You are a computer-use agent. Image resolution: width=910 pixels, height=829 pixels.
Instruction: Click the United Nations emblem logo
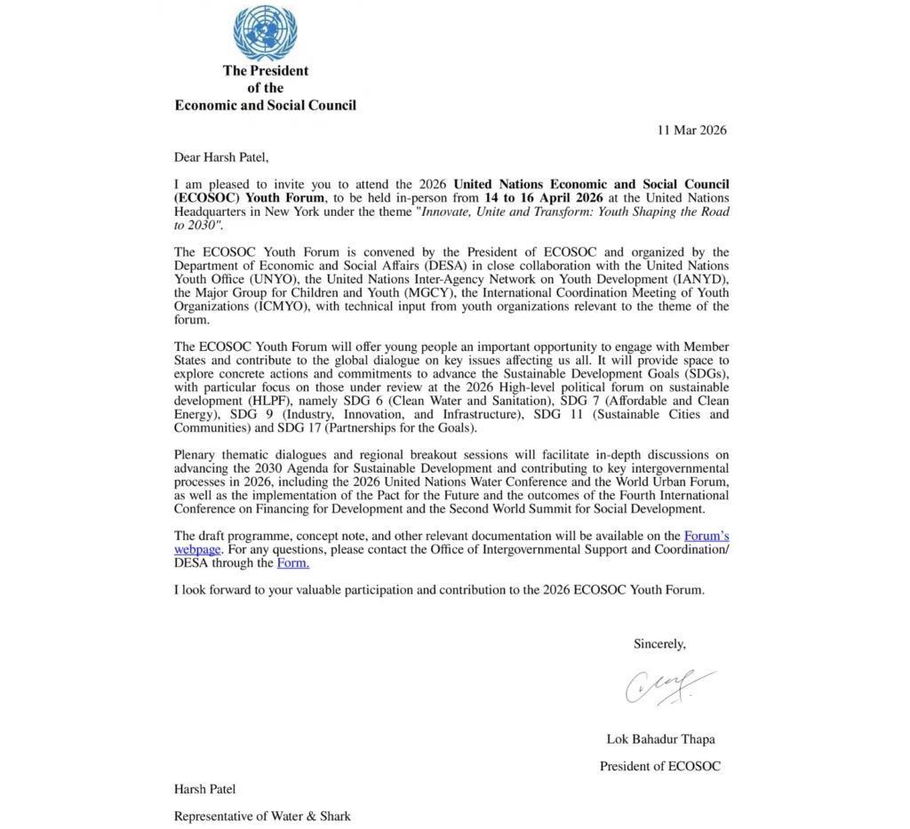click(x=265, y=33)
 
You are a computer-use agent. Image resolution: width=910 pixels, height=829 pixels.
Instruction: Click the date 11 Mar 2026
click(x=691, y=131)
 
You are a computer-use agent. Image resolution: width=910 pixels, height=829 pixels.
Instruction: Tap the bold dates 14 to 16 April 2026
click(x=544, y=197)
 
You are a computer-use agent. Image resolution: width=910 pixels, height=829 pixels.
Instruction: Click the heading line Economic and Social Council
click(x=265, y=105)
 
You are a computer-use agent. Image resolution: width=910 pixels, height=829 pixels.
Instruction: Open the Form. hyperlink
click(x=293, y=562)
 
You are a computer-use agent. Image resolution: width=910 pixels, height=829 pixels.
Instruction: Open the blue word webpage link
click(x=196, y=549)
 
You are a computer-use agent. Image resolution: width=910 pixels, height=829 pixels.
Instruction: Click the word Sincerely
click(x=659, y=643)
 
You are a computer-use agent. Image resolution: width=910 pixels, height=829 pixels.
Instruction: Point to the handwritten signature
click(x=667, y=687)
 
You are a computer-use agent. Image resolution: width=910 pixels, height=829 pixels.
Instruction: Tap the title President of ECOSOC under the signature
click(x=659, y=766)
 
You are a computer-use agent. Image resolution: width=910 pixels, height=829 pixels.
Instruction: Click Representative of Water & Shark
click(x=262, y=816)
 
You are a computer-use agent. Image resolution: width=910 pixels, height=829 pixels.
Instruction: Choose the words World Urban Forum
click(x=678, y=482)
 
